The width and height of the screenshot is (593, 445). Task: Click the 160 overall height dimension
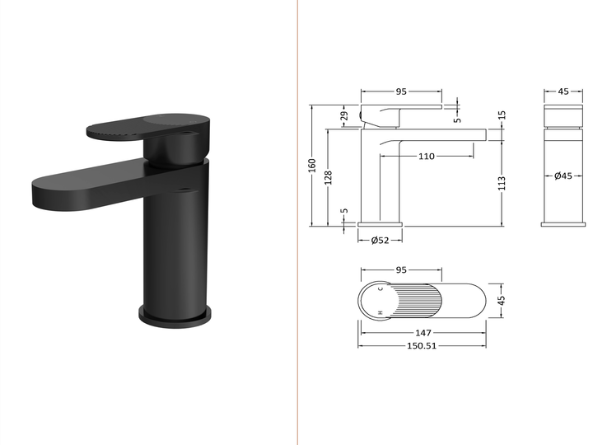[x=312, y=166]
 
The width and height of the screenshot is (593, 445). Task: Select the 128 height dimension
[x=329, y=177]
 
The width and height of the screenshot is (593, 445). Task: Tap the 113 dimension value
[x=502, y=183]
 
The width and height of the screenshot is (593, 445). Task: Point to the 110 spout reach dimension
[x=427, y=157]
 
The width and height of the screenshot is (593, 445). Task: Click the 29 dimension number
[x=344, y=116]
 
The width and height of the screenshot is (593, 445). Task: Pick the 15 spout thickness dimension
[x=502, y=115]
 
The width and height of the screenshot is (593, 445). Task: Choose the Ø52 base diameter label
[x=380, y=241]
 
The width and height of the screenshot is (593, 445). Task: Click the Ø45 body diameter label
[x=563, y=176]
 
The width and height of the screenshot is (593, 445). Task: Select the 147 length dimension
[x=423, y=333]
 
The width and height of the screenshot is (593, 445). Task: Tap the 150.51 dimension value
[x=422, y=345]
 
